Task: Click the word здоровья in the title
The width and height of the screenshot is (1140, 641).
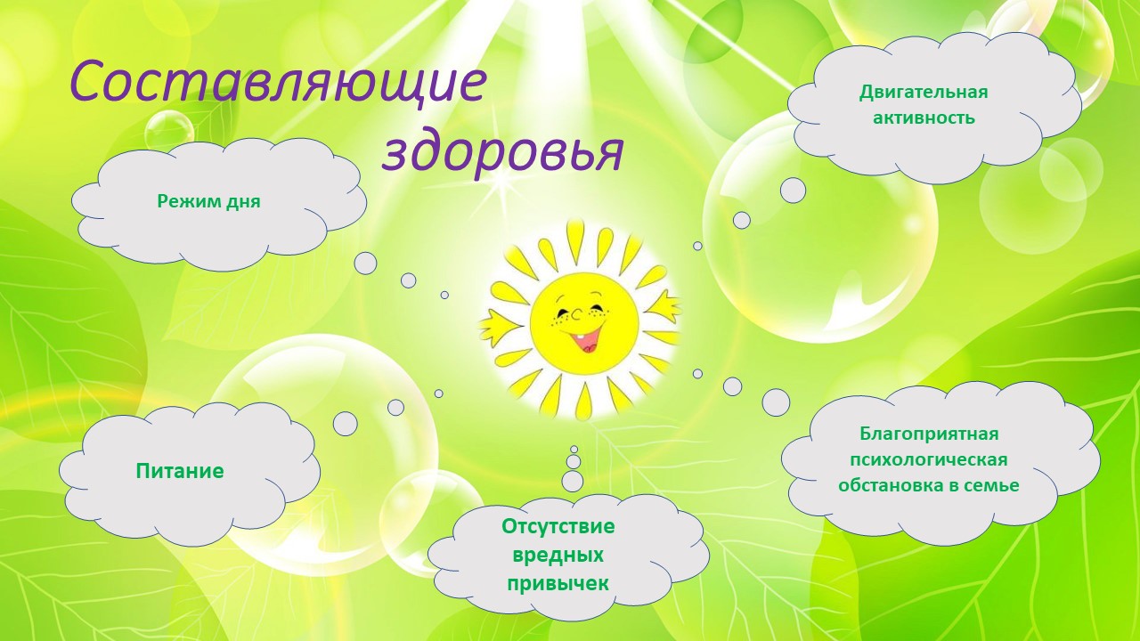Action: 503,151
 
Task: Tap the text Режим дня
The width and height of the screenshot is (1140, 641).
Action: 208,201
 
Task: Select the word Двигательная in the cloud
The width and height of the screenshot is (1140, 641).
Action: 924,93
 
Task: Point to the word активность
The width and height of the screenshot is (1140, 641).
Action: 924,118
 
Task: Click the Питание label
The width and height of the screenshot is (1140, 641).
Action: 180,471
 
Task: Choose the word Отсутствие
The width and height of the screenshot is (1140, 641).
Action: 558,526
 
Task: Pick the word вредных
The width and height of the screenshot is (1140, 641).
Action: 558,555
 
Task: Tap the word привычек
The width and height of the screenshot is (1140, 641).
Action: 558,583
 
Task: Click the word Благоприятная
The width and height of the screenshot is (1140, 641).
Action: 929,434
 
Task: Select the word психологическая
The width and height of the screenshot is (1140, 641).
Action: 929,460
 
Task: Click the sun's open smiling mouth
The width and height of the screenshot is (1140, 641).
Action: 587,342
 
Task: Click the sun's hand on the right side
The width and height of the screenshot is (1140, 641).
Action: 666,307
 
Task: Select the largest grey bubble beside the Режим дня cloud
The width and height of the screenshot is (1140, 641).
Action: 365,264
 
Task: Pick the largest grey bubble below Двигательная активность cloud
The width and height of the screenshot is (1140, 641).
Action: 793,191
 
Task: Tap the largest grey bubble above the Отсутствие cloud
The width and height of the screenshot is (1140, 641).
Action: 573,482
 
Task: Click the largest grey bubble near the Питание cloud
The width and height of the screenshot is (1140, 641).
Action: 345,423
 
